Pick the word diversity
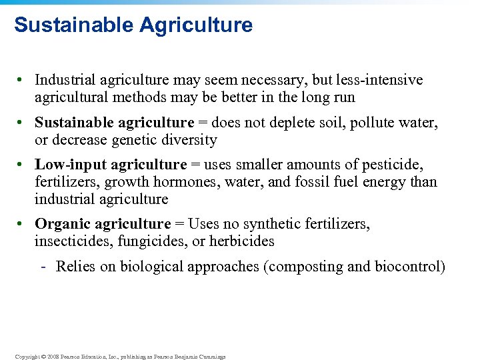(190, 140)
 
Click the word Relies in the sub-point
(75, 267)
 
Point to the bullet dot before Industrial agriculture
(22, 80)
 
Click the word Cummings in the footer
(211, 357)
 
